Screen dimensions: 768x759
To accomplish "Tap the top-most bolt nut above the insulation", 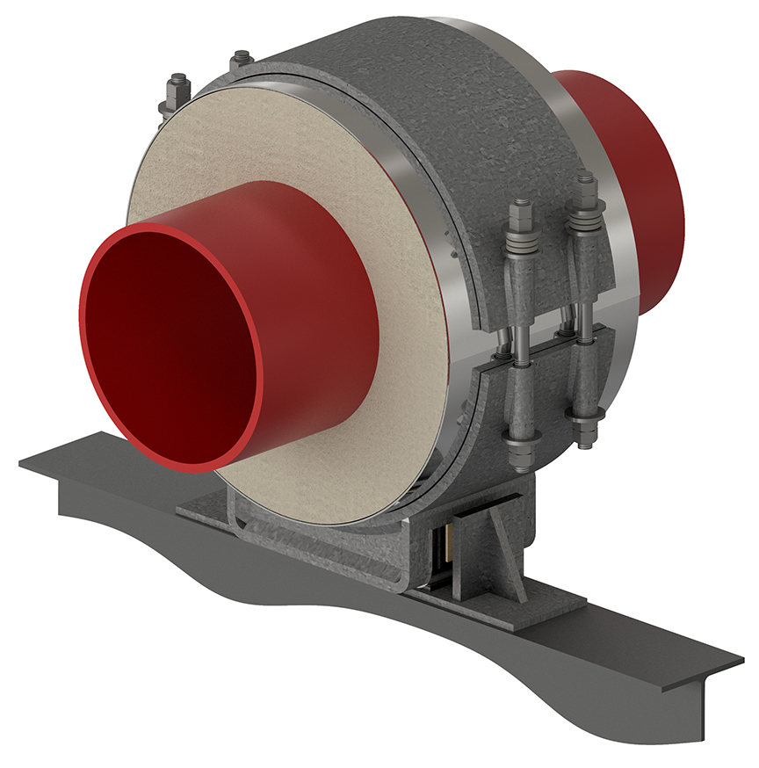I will tap(242, 60).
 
